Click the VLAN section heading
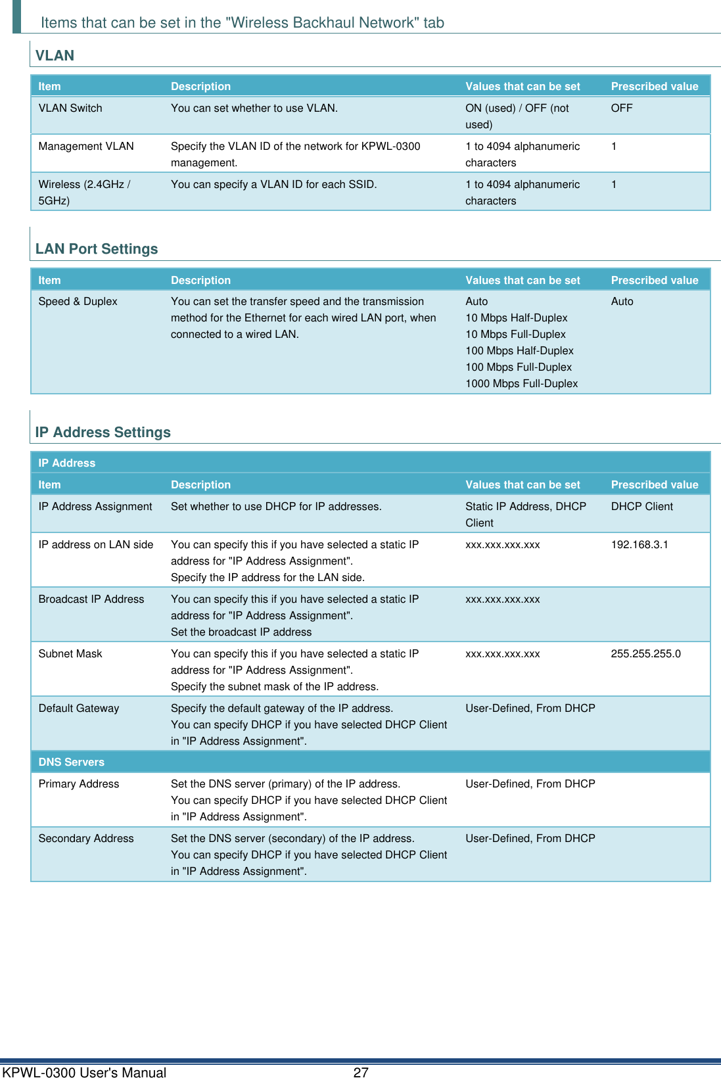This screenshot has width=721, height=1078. click(55, 56)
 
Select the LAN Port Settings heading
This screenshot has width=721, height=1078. click(97, 249)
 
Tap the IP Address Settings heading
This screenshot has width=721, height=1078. click(103, 433)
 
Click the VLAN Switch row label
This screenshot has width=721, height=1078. click(70, 108)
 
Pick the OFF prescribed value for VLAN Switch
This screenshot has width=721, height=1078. click(621, 108)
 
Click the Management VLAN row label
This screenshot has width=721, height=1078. click(86, 146)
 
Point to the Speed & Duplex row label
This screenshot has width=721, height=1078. click(78, 301)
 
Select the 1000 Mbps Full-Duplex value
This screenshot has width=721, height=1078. click(521, 383)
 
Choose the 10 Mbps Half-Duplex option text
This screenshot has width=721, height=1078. click(516, 317)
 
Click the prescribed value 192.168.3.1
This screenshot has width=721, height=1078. click(639, 544)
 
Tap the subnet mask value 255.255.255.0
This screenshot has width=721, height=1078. click(645, 653)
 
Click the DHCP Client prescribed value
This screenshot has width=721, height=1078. click(641, 506)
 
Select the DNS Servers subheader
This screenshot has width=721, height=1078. click(71, 762)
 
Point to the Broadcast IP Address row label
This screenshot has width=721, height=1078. click(91, 599)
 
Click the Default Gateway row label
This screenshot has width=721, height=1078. click(79, 708)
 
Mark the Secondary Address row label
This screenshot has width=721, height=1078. click(86, 838)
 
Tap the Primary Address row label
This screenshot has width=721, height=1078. click(79, 784)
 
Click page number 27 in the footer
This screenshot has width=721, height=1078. click(361, 1072)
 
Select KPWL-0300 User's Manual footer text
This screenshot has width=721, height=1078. click(84, 1072)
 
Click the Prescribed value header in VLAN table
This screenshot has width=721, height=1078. click(654, 86)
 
